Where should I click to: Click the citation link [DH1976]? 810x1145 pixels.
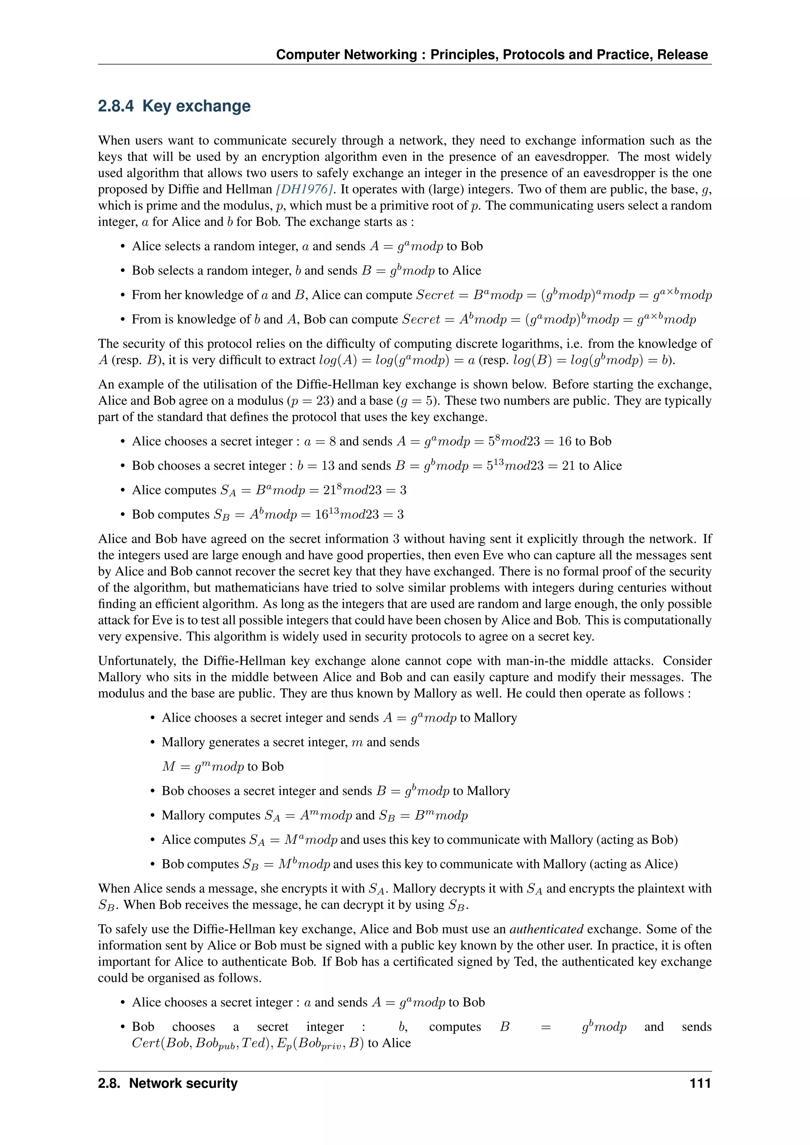click(304, 189)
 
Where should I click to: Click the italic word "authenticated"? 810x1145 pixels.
click(546, 929)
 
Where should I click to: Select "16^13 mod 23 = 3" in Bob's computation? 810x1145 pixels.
click(359, 515)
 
